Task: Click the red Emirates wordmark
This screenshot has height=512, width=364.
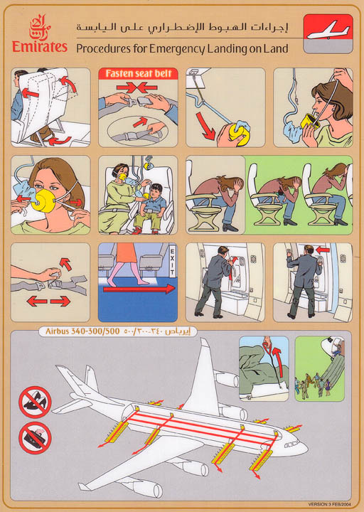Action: point(40,48)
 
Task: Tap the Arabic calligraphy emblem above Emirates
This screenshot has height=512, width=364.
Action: point(41,26)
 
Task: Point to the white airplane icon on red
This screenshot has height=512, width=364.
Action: point(328,29)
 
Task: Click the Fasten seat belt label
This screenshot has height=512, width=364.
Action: point(138,73)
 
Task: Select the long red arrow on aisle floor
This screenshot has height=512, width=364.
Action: point(139,289)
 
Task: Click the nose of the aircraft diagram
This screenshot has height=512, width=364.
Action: point(301,448)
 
